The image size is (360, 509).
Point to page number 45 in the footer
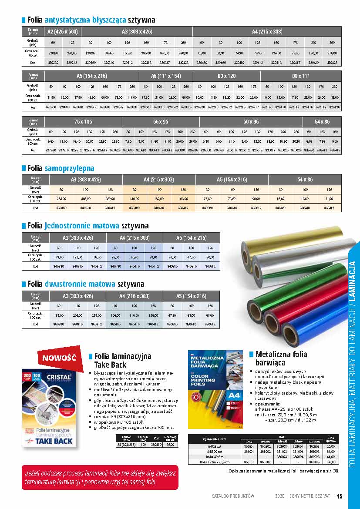point(340,496)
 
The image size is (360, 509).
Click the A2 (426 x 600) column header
point(63,31)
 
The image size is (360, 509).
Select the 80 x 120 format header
point(226,76)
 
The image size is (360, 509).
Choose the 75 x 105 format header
point(83,121)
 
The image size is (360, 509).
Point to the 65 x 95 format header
point(161,121)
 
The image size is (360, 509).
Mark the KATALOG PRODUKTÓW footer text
point(233,496)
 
